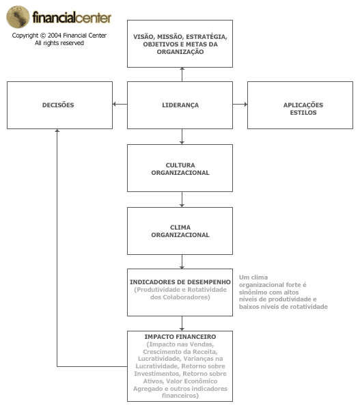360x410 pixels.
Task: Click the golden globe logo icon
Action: click(18, 16)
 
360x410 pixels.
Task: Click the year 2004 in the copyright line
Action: click(55, 36)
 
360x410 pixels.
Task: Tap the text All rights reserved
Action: click(59, 43)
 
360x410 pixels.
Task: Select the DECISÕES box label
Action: click(58, 105)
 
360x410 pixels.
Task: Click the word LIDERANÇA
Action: click(180, 105)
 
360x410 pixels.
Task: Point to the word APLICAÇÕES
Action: click(303, 105)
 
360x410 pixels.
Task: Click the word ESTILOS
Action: click(303, 113)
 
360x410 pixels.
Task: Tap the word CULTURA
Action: click(180, 165)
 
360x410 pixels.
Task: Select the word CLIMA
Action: click(180, 228)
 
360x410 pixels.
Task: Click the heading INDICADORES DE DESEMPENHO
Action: click(180, 282)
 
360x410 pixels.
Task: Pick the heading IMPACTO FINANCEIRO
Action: click(180, 337)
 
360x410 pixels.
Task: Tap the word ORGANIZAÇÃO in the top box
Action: click(180, 52)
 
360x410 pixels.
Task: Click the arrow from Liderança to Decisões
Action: click(120, 105)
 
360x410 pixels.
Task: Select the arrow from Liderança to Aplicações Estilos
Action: click(240, 105)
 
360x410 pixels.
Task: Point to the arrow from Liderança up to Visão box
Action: click(182, 74)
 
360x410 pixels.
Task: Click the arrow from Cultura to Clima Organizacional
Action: click(182, 200)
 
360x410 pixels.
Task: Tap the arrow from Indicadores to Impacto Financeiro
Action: click(182, 323)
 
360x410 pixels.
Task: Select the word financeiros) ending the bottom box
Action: click(180, 396)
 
